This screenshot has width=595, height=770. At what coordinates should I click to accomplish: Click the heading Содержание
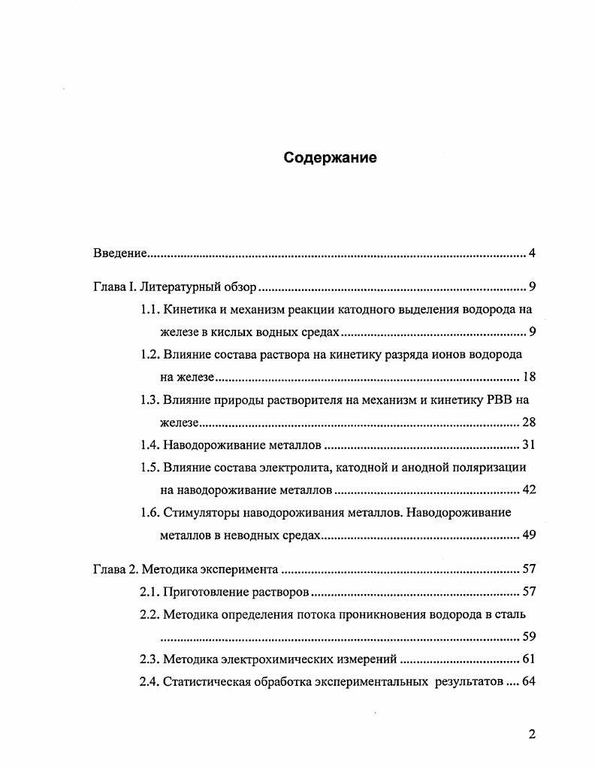[x=330, y=158]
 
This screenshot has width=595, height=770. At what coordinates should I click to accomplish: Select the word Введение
[x=119, y=253]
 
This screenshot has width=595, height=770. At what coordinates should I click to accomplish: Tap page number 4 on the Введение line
[x=531, y=253]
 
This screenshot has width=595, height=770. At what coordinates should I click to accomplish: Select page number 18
[x=527, y=377]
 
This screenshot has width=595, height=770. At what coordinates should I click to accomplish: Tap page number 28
[x=527, y=422]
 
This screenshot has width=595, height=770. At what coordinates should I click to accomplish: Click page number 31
[x=527, y=444]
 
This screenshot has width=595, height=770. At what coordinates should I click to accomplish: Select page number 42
[x=527, y=490]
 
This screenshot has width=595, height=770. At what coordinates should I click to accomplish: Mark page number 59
[x=527, y=637]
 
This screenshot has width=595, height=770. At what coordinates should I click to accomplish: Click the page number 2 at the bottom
[x=531, y=735]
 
